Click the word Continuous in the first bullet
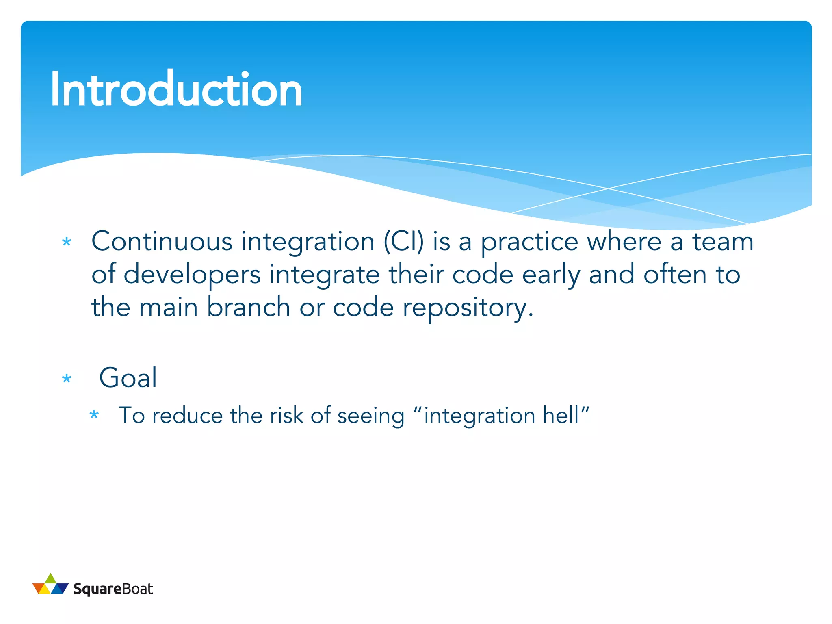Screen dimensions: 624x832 (x=162, y=242)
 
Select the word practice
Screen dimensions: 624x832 (x=529, y=243)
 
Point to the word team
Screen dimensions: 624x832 (x=723, y=242)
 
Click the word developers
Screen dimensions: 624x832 (x=192, y=275)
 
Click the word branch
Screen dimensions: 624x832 (x=248, y=307)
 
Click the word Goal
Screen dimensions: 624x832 (x=128, y=378)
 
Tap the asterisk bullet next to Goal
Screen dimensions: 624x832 (x=67, y=379)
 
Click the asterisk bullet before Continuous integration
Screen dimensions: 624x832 (x=67, y=243)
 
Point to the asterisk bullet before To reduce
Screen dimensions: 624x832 (x=94, y=415)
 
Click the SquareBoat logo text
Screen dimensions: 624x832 (x=113, y=589)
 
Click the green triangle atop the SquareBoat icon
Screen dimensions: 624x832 (x=50, y=578)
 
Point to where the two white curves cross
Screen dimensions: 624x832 (x=608, y=188)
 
